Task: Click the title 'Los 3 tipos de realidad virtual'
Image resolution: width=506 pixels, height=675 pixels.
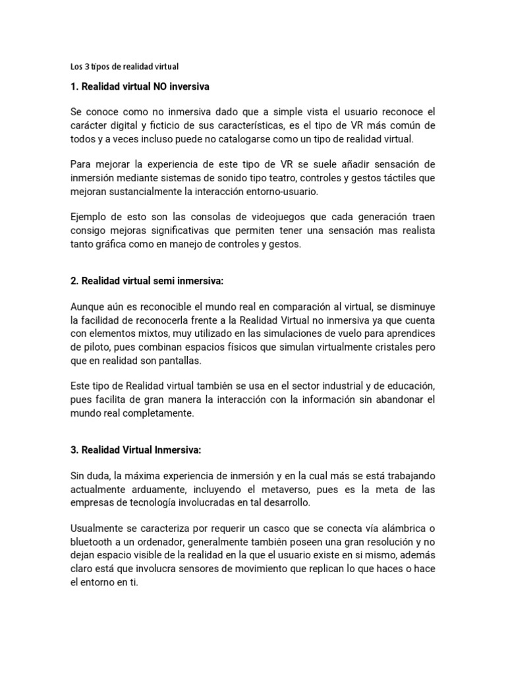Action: click(125, 67)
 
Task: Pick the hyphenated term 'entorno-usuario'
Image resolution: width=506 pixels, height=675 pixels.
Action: click(288, 192)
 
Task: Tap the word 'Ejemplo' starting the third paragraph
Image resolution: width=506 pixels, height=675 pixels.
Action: click(87, 217)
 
